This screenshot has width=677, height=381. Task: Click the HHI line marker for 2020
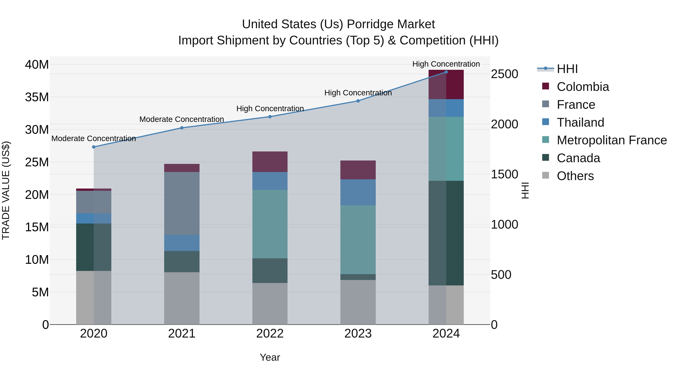(94, 147)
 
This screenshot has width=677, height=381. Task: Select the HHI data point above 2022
(270, 117)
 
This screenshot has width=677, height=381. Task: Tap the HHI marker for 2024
(446, 72)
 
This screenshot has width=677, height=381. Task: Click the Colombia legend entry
(582, 87)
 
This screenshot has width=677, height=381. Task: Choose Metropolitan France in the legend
(611, 140)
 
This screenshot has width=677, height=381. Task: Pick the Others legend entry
(575, 176)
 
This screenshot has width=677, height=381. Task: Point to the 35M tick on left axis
(37, 97)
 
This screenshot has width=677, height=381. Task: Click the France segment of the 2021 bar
(182, 203)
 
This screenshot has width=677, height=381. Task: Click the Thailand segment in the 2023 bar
(358, 192)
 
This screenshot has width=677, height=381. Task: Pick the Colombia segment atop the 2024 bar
(446, 85)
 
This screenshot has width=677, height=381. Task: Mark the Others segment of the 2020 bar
(94, 297)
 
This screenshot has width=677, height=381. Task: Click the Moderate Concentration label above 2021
(182, 119)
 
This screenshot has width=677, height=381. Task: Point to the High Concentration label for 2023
(358, 93)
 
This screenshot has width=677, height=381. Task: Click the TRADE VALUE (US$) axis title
(6, 190)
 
